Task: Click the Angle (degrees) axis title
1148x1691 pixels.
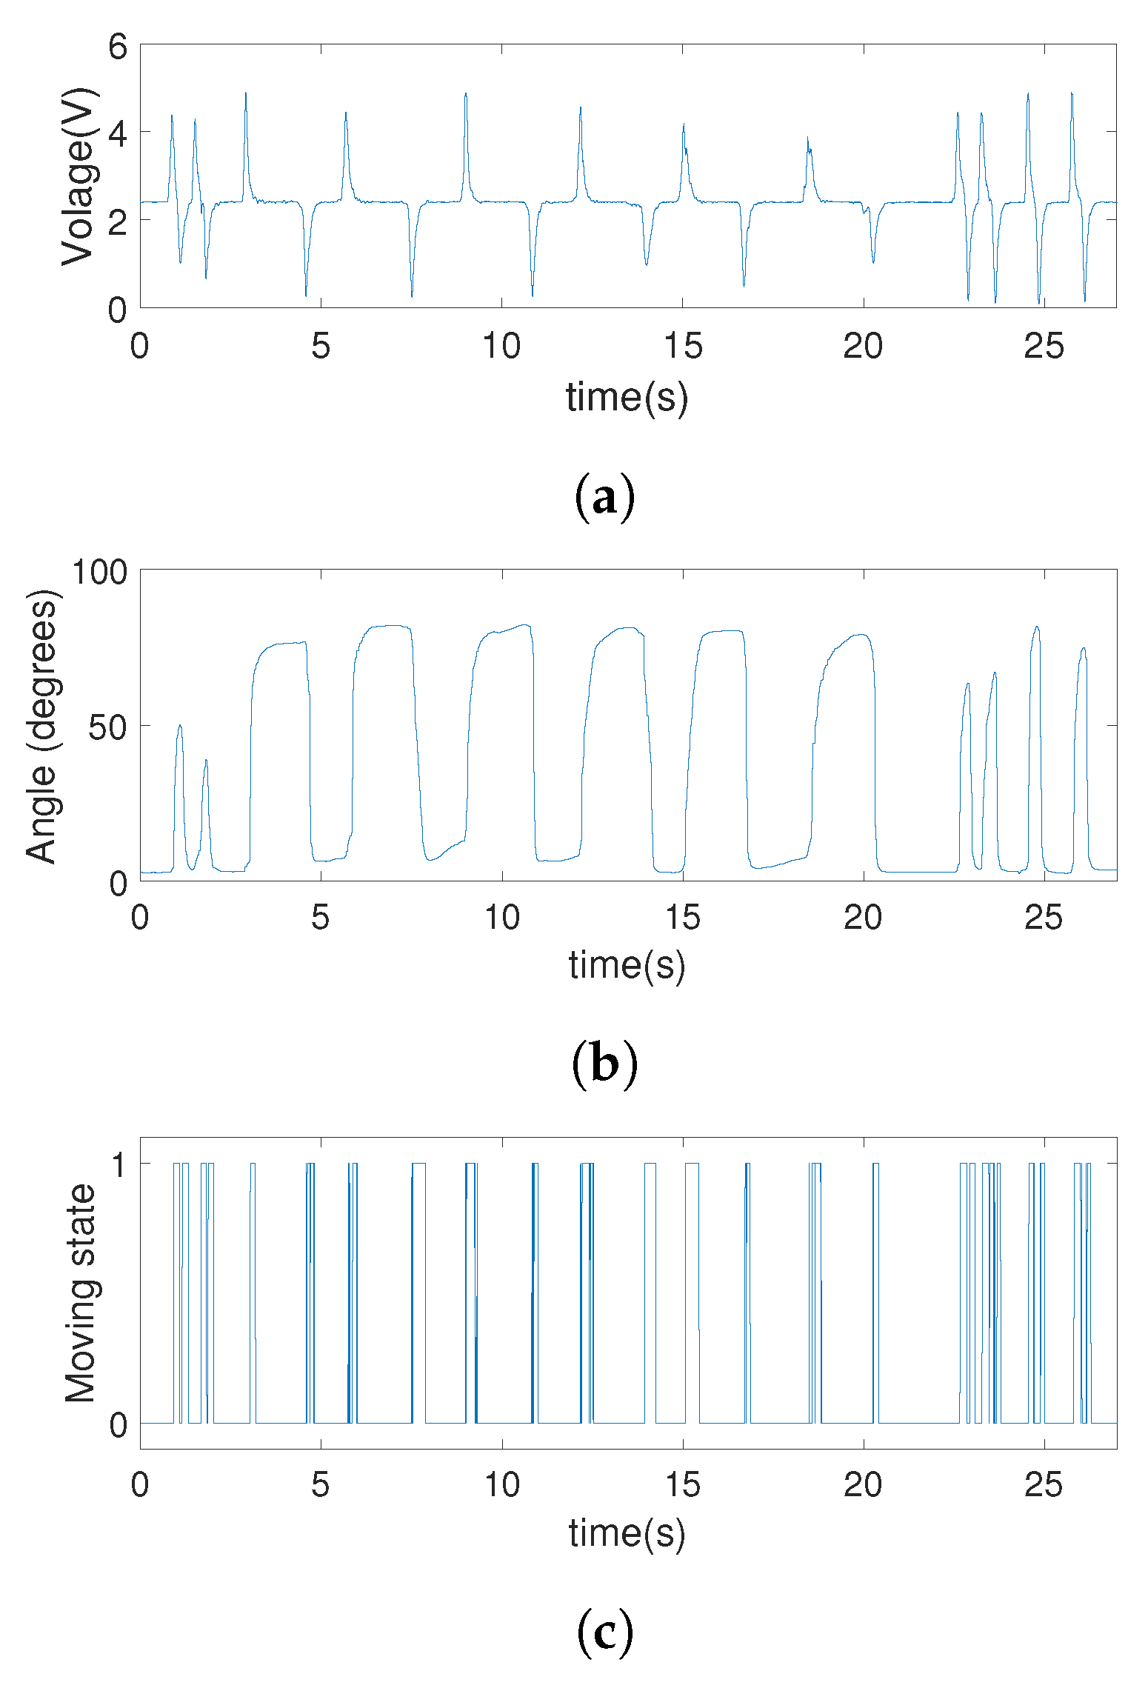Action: pos(41,727)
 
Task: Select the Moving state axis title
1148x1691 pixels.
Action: pos(80,1293)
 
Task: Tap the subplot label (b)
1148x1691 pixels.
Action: pos(604,1064)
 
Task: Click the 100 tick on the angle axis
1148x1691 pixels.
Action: pos(99,573)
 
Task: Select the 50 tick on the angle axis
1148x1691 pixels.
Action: pos(108,727)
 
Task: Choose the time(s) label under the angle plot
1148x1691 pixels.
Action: pos(627,964)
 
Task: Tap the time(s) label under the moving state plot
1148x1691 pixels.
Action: pos(627,1532)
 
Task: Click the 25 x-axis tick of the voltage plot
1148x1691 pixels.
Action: pos(1044,346)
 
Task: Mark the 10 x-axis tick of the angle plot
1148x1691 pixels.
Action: pos(501,918)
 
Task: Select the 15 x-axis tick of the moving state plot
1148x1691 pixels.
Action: pos(682,1484)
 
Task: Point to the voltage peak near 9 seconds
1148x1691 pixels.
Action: pos(466,94)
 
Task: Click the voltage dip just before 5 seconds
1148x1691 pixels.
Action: pos(306,295)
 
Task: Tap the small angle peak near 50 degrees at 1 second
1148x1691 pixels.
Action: pos(179,726)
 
